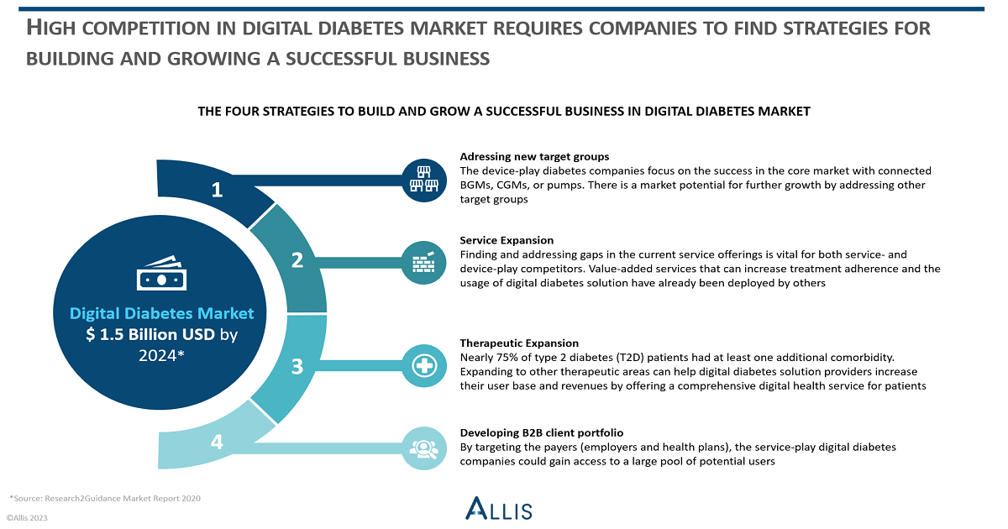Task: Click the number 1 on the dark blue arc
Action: coord(218,190)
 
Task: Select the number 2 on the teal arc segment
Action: coord(297,260)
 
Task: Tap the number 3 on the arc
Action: coord(297,367)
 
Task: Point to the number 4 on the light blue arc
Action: coord(217,442)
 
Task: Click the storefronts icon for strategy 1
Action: coord(424,180)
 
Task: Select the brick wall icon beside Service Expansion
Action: coord(424,263)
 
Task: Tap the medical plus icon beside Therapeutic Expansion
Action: coord(424,366)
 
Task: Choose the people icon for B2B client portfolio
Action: coord(424,448)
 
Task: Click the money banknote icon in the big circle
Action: coord(161,273)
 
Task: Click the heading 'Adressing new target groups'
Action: coord(534,156)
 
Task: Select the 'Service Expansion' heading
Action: coord(507,240)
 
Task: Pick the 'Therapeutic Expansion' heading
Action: coord(519,343)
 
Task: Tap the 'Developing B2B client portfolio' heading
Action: coord(541,432)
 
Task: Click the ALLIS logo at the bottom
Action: coord(499,508)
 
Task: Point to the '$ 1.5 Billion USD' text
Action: coord(150,334)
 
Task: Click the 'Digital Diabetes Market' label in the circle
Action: coord(161,313)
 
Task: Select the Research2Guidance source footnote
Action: coord(105,499)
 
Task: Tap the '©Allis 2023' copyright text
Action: coord(27,518)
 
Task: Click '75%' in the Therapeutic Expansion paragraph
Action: coord(507,358)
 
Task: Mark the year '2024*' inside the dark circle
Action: coord(161,356)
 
